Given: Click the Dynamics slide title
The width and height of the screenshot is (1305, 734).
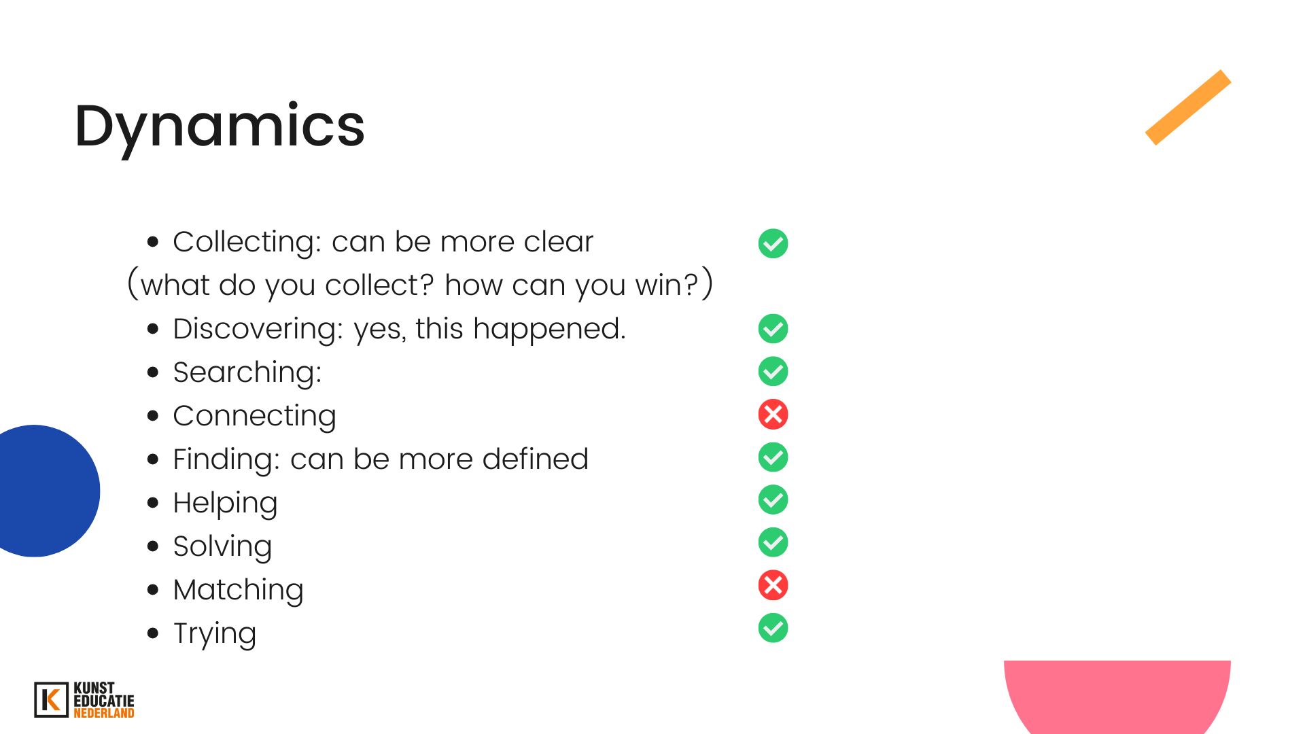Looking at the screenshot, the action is point(220,127).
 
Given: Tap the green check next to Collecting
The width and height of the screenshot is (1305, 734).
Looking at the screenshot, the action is point(773,243).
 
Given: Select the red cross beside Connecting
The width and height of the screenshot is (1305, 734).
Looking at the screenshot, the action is point(773,415).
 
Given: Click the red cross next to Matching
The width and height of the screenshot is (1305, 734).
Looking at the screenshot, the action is point(773,585).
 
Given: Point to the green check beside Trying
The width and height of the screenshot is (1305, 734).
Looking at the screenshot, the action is point(773,628).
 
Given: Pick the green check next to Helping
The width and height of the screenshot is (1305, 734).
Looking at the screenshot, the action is point(773,500).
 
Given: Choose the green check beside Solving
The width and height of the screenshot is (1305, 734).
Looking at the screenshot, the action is point(773,542).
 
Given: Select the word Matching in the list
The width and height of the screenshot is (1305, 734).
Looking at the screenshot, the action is point(238,591).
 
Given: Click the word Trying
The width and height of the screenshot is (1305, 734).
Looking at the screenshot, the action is point(215,634).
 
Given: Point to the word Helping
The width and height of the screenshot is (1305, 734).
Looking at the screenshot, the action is point(225,504).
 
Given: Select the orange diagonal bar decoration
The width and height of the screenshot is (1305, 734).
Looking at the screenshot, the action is point(1188,107).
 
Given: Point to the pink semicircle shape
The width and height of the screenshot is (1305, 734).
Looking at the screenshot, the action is point(1117,697).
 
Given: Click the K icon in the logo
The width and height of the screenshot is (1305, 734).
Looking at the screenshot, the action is point(51,700).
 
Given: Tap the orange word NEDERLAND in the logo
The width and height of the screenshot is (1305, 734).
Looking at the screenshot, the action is point(104,713).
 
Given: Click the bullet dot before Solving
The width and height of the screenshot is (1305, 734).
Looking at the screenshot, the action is point(153,546).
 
